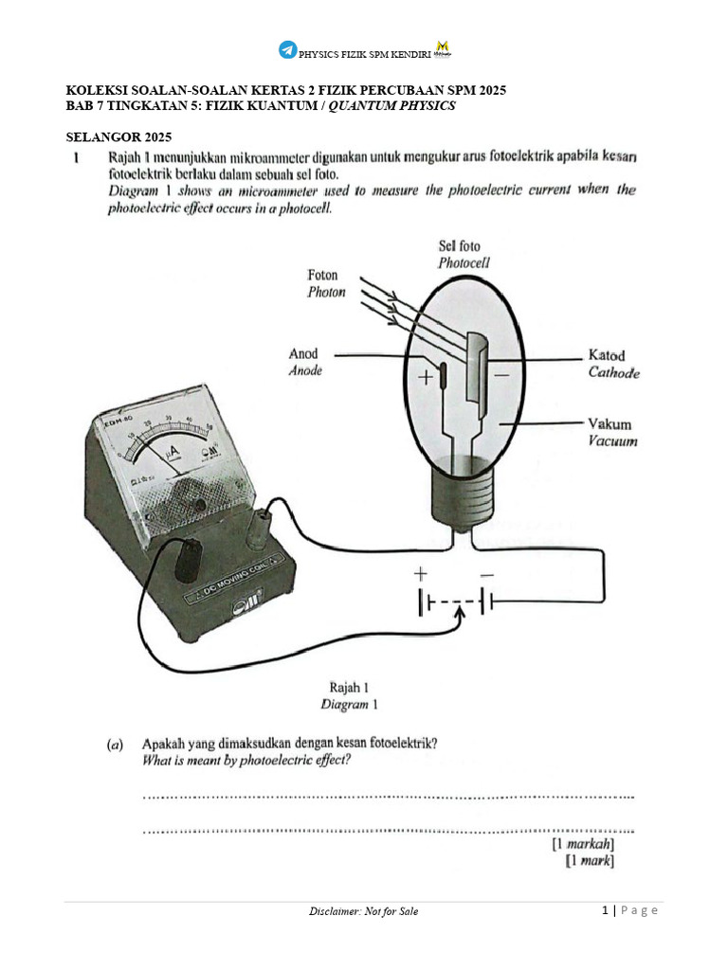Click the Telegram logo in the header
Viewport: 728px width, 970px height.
[287, 49]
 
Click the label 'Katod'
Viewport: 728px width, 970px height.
[607, 355]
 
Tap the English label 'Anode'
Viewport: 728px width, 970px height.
[304, 371]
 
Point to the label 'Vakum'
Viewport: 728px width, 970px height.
[610, 424]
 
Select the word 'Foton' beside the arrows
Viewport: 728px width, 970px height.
[323, 275]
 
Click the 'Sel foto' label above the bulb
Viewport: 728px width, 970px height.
[460, 246]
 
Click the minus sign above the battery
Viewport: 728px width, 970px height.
[486, 574]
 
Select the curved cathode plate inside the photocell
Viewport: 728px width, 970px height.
[481, 374]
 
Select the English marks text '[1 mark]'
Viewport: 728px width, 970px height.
[589, 860]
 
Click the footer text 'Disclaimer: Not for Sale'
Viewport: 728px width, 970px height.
[363, 911]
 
